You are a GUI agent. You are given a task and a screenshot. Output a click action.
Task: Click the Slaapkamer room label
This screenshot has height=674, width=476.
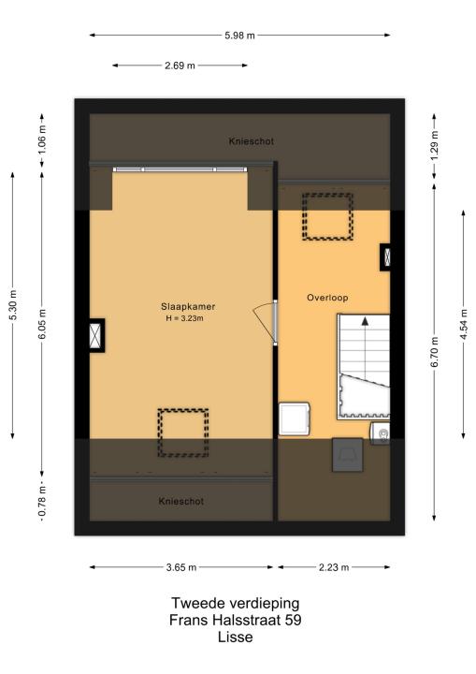[188, 306]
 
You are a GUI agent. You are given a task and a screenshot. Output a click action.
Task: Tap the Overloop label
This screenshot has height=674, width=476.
[327, 298]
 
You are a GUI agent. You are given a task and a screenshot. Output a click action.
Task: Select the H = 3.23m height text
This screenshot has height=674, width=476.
[184, 318]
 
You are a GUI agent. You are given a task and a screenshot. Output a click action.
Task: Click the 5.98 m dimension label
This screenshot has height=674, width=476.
[239, 36]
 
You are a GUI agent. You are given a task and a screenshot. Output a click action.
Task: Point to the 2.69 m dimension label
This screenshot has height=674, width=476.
[180, 66]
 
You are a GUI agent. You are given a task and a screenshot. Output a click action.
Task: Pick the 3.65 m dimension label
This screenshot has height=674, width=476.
[181, 567]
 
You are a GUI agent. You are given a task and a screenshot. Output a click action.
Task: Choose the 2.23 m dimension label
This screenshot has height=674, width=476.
[334, 567]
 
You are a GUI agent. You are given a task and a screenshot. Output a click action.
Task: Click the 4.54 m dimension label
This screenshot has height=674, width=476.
[464, 325]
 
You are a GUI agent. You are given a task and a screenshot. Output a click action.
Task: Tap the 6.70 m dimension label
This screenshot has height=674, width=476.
[434, 352]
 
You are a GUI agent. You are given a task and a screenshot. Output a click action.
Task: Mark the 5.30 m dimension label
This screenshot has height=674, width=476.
[13, 305]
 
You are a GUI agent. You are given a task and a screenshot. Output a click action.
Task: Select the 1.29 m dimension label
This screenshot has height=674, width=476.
[434, 146]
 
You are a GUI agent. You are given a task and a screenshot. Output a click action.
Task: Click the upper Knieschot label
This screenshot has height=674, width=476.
[252, 141]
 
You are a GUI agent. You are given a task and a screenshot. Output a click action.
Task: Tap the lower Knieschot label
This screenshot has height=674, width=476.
[180, 501]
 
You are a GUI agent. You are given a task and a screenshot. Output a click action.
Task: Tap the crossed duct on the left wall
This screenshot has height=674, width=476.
[95, 335]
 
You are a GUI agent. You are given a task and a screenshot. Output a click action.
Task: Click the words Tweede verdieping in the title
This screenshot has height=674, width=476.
[236, 603]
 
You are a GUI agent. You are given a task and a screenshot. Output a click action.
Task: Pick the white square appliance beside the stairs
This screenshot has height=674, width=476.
[294, 418]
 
